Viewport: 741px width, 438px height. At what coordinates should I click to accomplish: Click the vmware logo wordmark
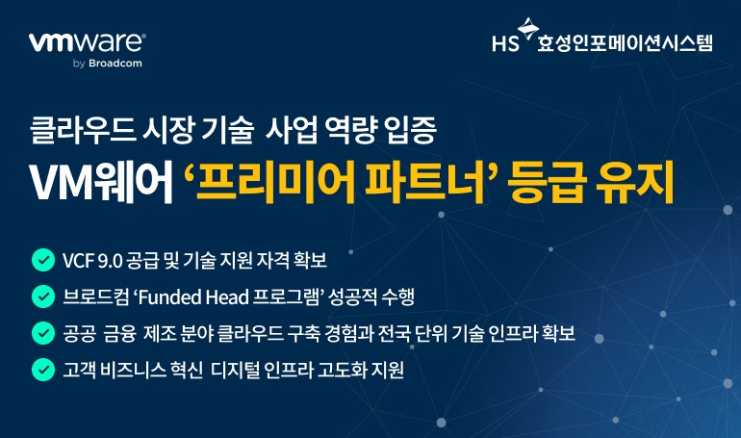tap(88, 43)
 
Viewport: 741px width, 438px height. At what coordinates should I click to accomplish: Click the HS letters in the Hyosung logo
tap(504, 43)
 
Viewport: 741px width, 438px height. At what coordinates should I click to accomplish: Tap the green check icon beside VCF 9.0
tap(42, 260)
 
